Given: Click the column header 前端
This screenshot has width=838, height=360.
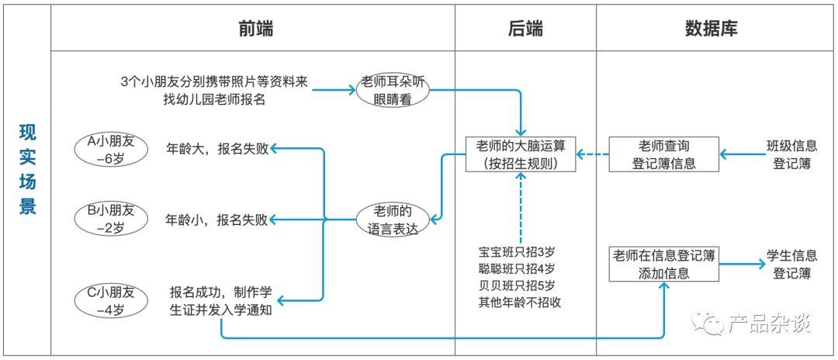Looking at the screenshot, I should click(x=255, y=29).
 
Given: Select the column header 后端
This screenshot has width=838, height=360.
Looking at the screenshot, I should click(x=525, y=29).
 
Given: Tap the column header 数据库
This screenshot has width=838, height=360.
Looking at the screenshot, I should click(x=711, y=29).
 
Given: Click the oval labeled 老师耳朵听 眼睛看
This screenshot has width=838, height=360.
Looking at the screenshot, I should click(x=393, y=92).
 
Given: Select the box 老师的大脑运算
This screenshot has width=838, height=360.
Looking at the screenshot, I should click(x=521, y=154).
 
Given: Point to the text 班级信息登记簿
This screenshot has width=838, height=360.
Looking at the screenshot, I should click(x=791, y=154).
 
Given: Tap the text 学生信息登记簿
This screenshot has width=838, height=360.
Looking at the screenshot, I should click(x=791, y=264).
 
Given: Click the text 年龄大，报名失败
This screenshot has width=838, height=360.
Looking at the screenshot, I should click(x=216, y=148).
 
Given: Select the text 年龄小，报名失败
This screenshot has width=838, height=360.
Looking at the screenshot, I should click(x=216, y=219).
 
